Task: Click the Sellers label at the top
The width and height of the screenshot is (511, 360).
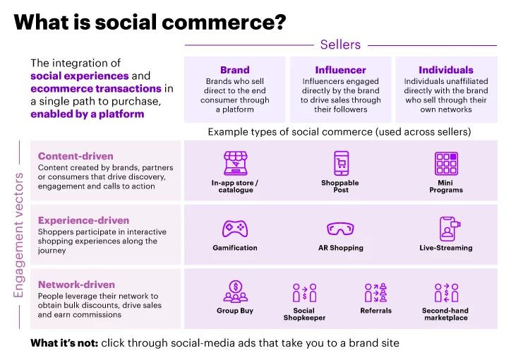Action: [x=340, y=44]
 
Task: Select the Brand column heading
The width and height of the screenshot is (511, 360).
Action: [x=234, y=70]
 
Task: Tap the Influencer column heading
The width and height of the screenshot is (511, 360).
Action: [x=340, y=70]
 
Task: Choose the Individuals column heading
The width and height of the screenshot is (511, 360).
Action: [x=445, y=70]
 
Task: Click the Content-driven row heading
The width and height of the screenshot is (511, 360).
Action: [x=76, y=156]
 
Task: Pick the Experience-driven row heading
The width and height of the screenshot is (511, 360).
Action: [x=84, y=220]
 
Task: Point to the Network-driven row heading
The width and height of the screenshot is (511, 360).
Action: [x=76, y=284]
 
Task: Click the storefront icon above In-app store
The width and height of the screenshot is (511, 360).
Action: [x=234, y=163]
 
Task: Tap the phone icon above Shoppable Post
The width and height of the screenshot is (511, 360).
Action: [x=341, y=163]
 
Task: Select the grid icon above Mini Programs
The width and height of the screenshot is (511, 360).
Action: [x=446, y=163]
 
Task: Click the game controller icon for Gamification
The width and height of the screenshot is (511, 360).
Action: [x=234, y=229]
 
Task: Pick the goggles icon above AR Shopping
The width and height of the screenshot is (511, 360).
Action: [x=341, y=229]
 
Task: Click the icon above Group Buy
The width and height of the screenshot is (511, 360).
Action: [x=235, y=292]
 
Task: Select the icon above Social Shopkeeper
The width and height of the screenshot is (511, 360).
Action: [x=304, y=292]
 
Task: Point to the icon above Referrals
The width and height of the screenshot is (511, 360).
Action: [x=375, y=292]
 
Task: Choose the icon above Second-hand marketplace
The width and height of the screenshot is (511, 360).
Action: [x=446, y=292]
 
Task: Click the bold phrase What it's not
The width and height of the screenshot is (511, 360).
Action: [x=64, y=343]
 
